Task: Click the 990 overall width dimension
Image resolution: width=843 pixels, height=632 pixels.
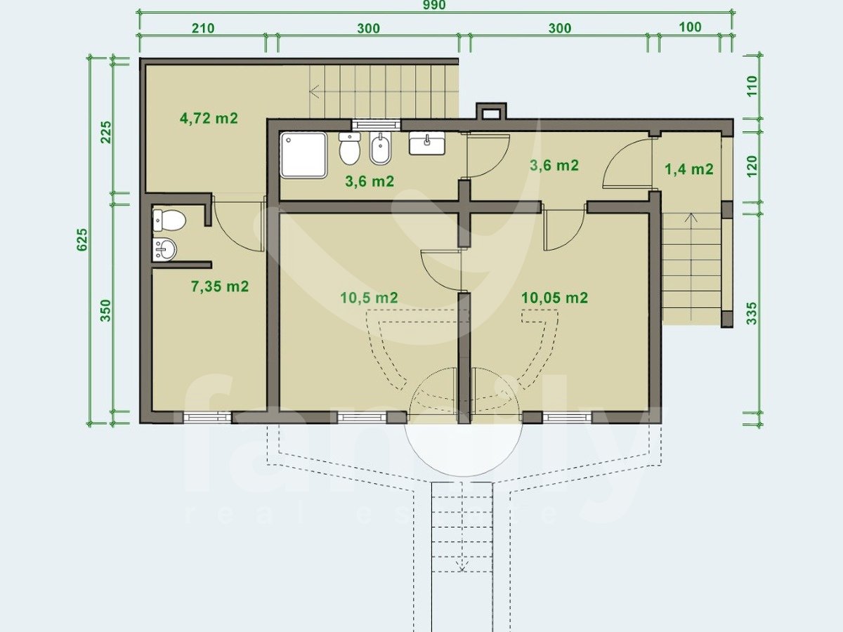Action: click(434, 5)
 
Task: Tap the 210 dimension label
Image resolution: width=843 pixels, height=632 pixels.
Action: click(203, 28)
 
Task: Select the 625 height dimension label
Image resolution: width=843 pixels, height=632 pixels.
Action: click(82, 240)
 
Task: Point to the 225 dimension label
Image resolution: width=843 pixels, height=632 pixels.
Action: click(105, 133)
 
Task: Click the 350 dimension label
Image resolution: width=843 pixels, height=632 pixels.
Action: click(105, 310)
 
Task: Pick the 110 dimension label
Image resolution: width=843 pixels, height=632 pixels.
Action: click(752, 86)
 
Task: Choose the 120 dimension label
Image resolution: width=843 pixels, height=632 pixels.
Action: click(752, 166)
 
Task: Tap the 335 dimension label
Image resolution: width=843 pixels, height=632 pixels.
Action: click(752, 313)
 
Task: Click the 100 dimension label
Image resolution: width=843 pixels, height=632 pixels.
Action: click(690, 27)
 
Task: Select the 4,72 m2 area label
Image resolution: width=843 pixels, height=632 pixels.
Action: click(209, 118)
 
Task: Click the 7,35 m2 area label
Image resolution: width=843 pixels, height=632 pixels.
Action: click(220, 287)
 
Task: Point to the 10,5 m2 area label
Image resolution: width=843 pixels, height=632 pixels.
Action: click(369, 298)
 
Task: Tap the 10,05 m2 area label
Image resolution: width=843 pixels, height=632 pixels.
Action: click(554, 298)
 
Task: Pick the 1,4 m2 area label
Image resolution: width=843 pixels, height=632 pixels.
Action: click(689, 169)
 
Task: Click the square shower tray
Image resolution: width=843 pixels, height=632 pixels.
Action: click(303, 155)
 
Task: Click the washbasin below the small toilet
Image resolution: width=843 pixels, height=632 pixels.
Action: click(165, 249)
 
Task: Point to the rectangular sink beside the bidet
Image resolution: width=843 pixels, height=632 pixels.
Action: click(427, 143)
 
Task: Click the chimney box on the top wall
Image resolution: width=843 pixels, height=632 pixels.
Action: click(491, 111)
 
